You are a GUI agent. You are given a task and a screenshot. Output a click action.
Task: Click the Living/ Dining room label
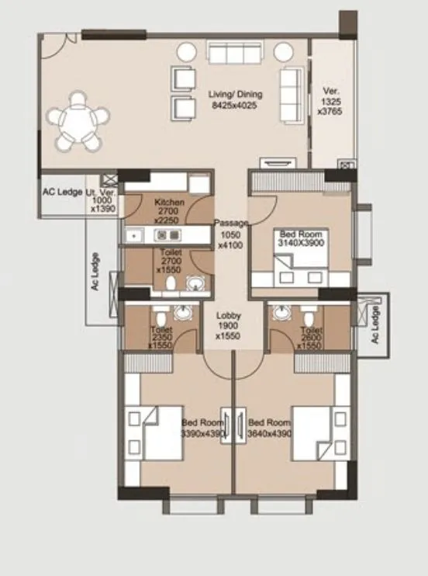[236, 99]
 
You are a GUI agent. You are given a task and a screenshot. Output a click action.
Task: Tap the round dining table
[78, 121]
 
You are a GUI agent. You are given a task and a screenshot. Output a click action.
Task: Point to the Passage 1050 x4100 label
[231, 234]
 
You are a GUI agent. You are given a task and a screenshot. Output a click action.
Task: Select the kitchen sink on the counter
[133, 233]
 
